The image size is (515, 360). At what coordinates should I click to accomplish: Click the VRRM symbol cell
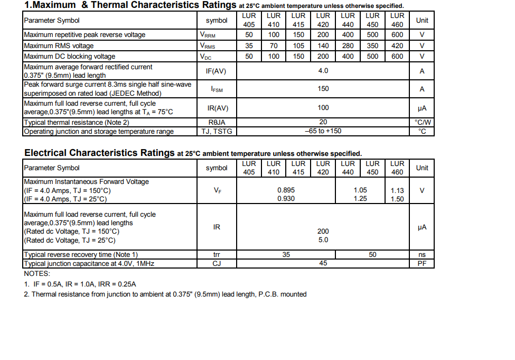208,35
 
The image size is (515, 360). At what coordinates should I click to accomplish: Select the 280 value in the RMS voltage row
348,46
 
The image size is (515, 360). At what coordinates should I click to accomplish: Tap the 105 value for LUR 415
298,46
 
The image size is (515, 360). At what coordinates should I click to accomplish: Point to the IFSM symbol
217,89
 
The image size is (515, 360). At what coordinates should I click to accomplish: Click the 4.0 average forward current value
323,71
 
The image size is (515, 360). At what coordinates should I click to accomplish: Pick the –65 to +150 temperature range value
323,131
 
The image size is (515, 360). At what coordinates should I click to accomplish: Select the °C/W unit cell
422,123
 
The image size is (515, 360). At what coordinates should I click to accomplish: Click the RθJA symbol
217,123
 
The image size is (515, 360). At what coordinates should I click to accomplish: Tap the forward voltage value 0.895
286,190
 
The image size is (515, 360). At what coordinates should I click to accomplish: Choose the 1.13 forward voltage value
397,191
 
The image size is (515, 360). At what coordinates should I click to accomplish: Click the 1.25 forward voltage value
360,199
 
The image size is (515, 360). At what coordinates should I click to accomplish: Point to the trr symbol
217,255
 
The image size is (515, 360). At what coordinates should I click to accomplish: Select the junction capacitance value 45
323,263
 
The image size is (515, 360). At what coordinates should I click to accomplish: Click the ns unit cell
422,255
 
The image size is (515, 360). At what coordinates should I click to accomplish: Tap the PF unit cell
422,263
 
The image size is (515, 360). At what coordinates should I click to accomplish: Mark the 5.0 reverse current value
323,240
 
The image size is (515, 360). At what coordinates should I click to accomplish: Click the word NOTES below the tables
37,274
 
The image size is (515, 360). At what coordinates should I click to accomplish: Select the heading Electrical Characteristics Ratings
98,153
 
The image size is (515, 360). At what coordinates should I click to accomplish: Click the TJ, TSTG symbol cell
217,131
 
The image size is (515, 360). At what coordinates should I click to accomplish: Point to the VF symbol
217,191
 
